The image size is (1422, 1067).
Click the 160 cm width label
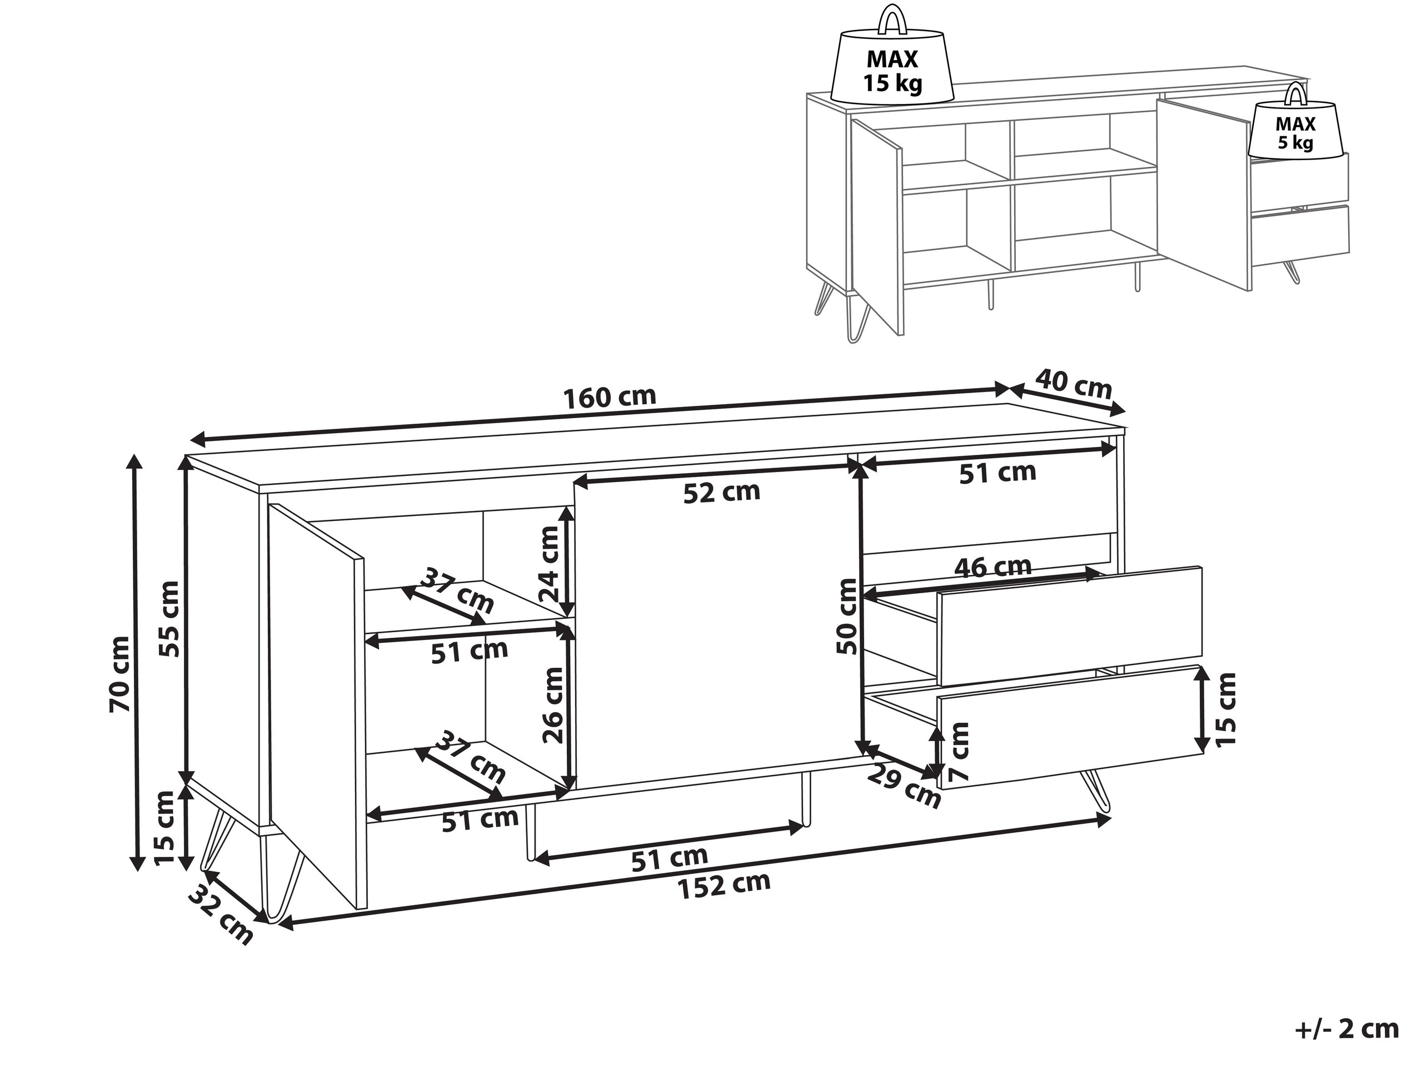[x=610, y=397]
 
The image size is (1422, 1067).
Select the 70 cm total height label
[x=120, y=674]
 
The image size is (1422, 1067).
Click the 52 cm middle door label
[x=721, y=493]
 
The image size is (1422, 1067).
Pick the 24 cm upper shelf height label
[x=550, y=564]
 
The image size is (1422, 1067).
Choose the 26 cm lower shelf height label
[x=553, y=706]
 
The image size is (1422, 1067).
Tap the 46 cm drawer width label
[x=992, y=567]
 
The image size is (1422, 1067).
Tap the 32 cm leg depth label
[x=221, y=914]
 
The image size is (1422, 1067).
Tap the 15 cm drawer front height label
[x=1226, y=709]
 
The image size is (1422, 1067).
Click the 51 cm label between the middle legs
[x=669, y=858]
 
